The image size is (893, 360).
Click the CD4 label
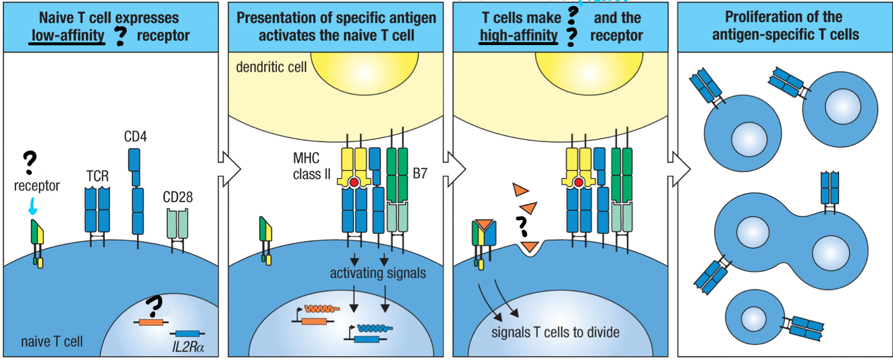[135, 137]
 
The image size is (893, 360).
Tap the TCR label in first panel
[97, 176]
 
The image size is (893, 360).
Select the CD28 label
[177, 197]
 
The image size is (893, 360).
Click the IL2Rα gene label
[188, 347]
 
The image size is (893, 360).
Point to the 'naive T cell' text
[52, 341]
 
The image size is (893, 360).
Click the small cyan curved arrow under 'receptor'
[32, 206]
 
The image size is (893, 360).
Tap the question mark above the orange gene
[154, 305]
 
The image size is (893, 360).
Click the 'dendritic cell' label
[271, 67]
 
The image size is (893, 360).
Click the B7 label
[420, 173]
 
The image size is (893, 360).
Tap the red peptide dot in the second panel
[354, 183]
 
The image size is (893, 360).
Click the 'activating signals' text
[377, 273]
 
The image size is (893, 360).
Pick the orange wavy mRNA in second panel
[321, 309]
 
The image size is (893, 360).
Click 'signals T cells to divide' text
[555, 332]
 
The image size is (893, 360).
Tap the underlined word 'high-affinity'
[518, 35]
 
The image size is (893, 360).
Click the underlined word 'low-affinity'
[67, 35]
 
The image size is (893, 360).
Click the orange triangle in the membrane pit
[529, 246]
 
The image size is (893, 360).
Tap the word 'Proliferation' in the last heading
[756, 17]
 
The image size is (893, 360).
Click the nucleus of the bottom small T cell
[753, 319]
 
